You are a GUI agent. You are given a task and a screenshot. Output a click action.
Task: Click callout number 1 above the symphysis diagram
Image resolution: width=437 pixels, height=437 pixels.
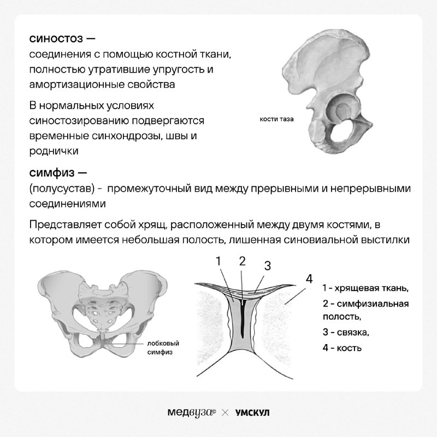pos(218,261)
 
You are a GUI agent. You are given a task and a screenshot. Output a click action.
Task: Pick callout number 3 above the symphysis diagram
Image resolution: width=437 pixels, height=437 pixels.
pos(268,265)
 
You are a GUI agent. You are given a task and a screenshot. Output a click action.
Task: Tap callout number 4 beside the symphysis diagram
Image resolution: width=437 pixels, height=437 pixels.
pos(309,279)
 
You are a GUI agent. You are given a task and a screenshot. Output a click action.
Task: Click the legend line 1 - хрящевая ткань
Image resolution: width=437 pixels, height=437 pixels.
pos(365,288)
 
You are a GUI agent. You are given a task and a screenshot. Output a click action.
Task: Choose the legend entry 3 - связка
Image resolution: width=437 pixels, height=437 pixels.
pos(346,332)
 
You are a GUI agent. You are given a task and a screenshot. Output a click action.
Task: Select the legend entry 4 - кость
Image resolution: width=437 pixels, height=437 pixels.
pos(342,347)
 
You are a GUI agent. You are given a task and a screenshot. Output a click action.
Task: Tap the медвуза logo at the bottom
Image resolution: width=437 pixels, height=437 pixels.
pos(192,412)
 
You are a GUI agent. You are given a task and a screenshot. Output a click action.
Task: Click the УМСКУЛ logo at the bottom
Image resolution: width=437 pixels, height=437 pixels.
pos(252,412)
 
